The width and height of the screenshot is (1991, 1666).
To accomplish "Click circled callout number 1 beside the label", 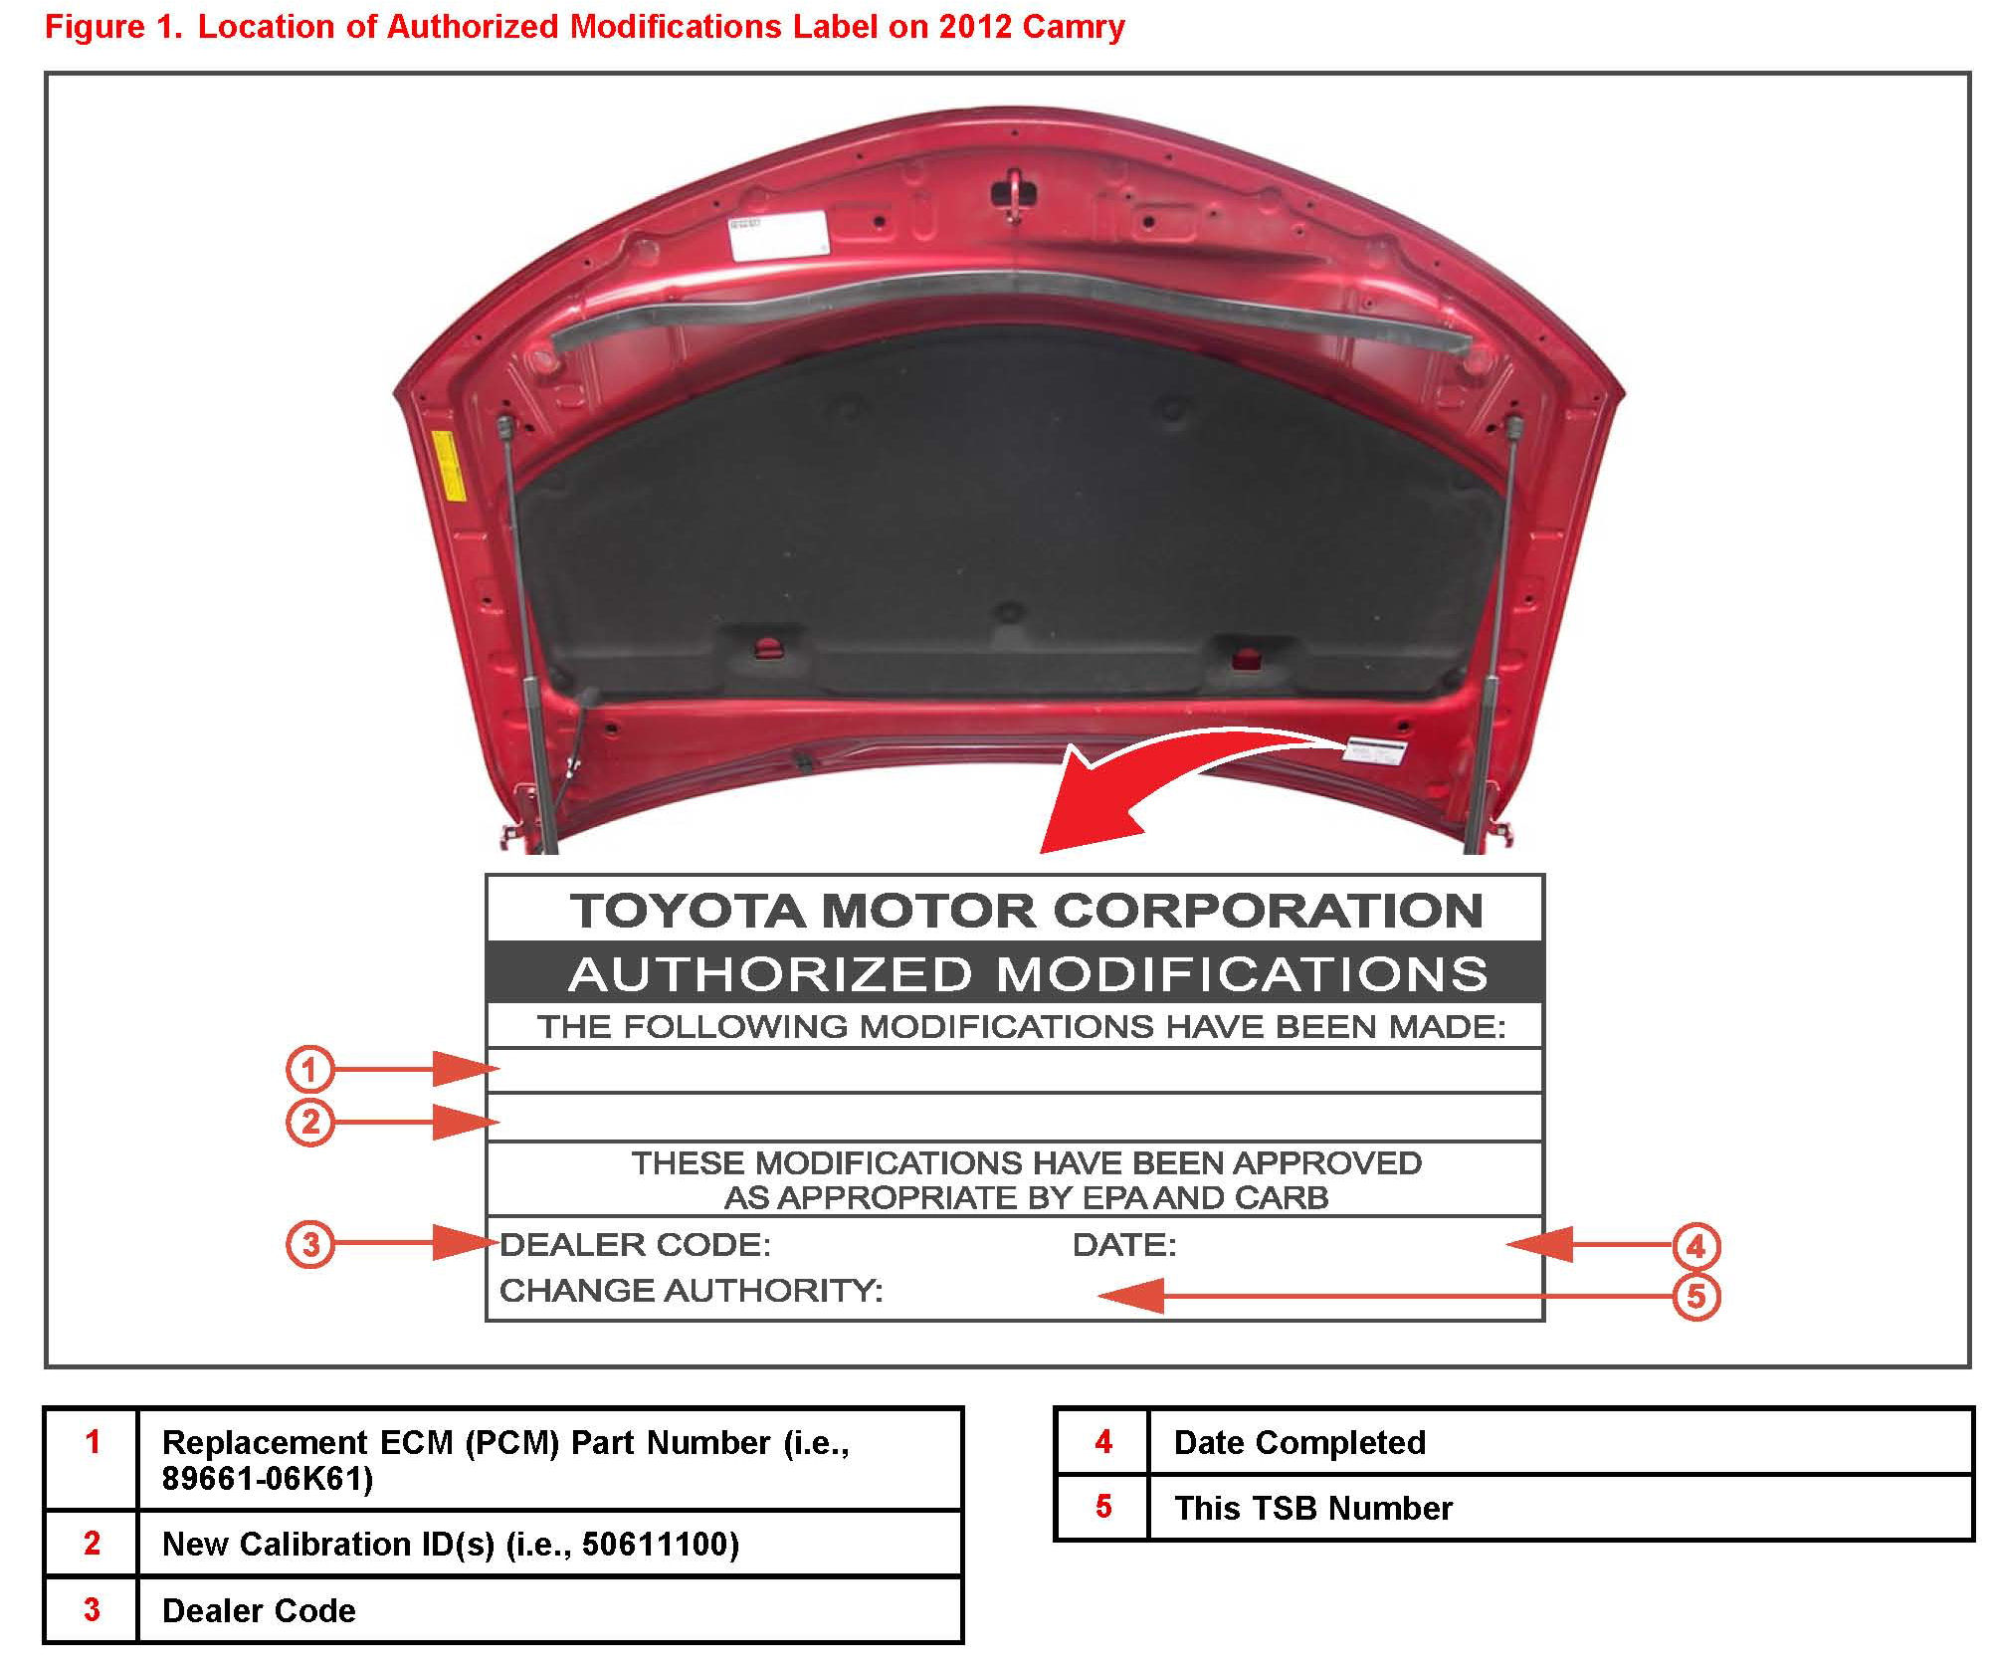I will (x=309, y=1070).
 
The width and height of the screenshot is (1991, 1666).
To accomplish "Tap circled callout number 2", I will (x=309, y=1122).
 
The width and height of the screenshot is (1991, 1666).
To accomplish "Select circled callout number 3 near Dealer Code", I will (x=309, y=1244).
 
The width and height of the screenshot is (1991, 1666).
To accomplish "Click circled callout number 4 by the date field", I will (x=1695, y=1246).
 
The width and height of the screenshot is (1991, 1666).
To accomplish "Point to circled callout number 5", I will (x=1695, y=1297).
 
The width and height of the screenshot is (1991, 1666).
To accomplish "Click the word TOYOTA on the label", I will (x=687, y=911).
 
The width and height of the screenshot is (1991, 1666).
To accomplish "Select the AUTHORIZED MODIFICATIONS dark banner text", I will (x=1027, y=973).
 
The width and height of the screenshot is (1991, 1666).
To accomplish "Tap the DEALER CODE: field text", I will (x=635, y=1244).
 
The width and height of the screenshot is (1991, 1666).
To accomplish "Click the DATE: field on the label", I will (x=1124, y=1245).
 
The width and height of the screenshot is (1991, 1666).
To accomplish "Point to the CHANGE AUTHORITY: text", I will (x=691, y=1291).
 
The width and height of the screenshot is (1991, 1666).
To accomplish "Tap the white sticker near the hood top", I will (x=778, y=235).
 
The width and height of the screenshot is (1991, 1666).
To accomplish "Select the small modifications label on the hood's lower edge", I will (x=1374, y=750).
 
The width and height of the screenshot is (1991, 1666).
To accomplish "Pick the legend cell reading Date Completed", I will (x=1298, y=1442).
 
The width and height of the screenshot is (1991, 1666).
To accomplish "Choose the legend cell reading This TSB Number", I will (x=1312, y=1508).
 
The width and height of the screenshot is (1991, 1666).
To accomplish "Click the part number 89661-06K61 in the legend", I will (x=267, y=1479).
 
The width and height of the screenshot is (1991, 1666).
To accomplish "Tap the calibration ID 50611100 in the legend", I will (x=659, y=1544).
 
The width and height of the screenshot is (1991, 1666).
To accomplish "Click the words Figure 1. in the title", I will (x=113, y=27).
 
